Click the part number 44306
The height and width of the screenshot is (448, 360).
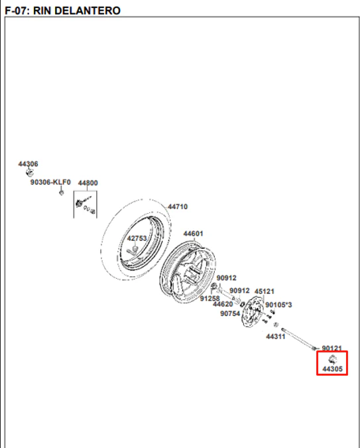click(x=28, y=164)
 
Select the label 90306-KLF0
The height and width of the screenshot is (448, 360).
click(x=50, y=182)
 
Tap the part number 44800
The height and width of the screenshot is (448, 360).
click(x=88, y=183)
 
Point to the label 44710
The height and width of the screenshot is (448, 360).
click(x=178, y=206)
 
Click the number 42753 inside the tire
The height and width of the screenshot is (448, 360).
click(x=137, y=238)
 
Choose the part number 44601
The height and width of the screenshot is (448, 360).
click(x=193, y=234)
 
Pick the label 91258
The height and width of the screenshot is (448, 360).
click(x=210, y=299)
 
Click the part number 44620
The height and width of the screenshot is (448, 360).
click(x=223, y=304)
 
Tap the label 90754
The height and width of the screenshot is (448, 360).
click(x=230, y=314)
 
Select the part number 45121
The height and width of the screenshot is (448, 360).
click(x=265, y=291)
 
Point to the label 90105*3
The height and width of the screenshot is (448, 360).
click(x=278, y=305)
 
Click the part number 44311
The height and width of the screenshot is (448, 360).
click(x=276, y=336)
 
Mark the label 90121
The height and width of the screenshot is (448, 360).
click(x=331, y=348)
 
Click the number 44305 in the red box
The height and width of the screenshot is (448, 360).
click(x=332, y=369)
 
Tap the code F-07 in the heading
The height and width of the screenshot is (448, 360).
click(x=16, y=11)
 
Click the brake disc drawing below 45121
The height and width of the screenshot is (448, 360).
click(x=252, y=311)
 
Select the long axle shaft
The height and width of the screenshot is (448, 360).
click(x=298, y=339)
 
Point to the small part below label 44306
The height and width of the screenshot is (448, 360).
click(x=29, y=172)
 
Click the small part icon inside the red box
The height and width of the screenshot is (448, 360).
click(x=333, y=359)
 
